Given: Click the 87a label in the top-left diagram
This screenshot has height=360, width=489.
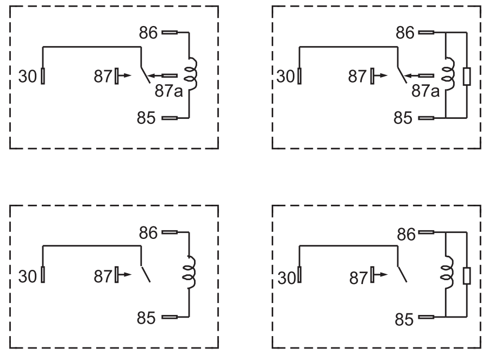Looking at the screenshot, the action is (x=168, y=91).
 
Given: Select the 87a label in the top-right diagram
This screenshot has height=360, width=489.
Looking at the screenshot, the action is (x=425, y=91).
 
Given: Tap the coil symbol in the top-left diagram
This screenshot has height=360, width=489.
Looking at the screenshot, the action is (x=193, y=73).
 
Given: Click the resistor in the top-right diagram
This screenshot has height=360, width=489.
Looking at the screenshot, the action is (x=467, y=76).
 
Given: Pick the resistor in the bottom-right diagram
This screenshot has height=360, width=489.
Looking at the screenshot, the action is (x=467, y=275).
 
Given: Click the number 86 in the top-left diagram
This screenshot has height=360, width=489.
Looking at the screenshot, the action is (x=148, y=33).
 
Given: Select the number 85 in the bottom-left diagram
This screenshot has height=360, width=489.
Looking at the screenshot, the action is (x=146, y=318).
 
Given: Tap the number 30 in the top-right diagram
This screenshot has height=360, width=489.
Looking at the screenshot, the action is (x=286, y=77).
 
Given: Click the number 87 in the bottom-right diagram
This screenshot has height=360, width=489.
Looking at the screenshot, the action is (x=359, y=278).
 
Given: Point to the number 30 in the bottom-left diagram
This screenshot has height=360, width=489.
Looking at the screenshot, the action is (x=28, y=276).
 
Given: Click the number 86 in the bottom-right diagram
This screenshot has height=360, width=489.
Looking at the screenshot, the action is (x=406, y=235).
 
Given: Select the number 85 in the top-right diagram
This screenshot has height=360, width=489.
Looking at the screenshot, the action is (x=403, y=118).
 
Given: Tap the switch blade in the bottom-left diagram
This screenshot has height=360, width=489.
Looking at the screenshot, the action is (x=146, y=274).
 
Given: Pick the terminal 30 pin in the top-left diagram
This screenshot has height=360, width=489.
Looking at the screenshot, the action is (x=43, y=76).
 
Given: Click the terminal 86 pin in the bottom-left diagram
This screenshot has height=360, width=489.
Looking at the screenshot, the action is (x=170, y=232).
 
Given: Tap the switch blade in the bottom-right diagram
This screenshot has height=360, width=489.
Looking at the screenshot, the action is (x=402, y=274).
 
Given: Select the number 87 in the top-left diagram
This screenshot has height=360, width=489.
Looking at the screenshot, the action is (x=103, y=77).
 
